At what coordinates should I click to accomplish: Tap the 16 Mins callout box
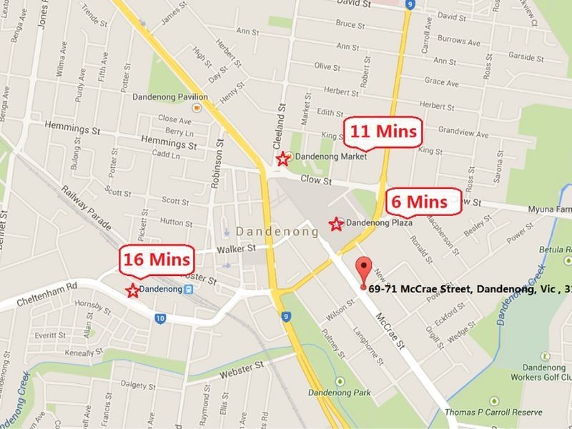(x=157, y=258)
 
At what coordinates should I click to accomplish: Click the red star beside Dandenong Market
(x=284, y=158)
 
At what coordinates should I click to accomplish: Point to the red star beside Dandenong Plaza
(x=335, y=225)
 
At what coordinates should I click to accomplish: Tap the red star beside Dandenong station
(x=132, y=290)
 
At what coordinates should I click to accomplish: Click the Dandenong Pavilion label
(x=172, y=97)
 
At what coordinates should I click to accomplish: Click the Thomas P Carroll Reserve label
(x=501, y=411)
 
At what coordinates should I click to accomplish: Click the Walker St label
(x=240, y=248)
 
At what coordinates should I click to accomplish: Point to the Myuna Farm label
(x=551, y=209)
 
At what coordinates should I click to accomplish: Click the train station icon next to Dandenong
(x=188, y=290)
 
